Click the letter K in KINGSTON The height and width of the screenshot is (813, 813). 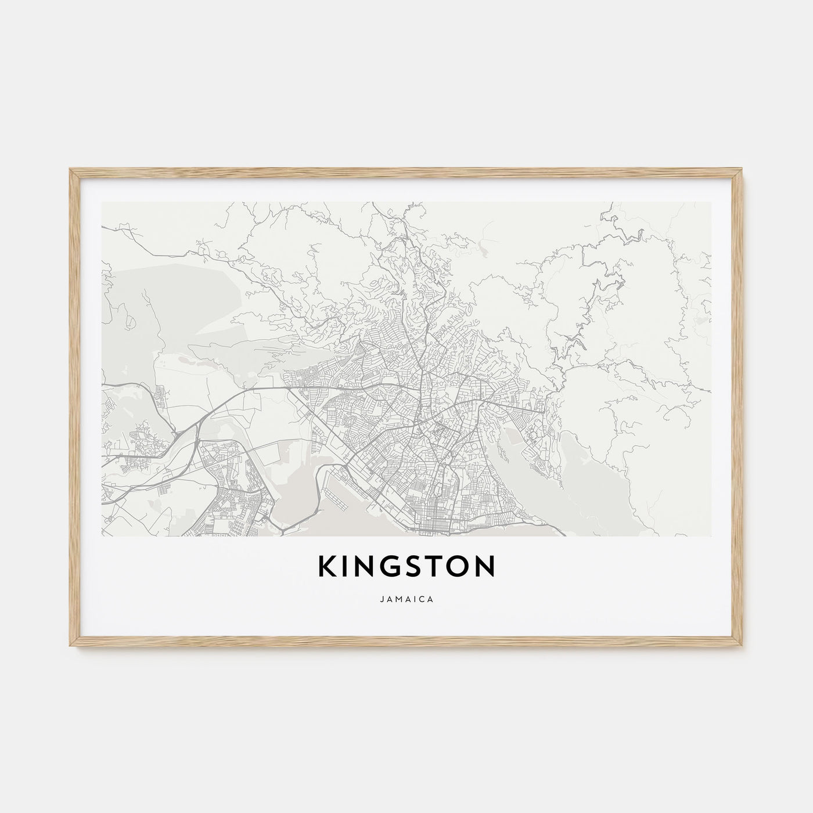[327, 567]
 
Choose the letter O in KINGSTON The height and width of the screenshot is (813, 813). [459, 567]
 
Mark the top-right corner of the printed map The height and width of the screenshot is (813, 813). [711, 202]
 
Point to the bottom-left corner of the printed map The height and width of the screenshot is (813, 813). [102, 536]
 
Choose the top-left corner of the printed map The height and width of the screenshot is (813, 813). [102, 202]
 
